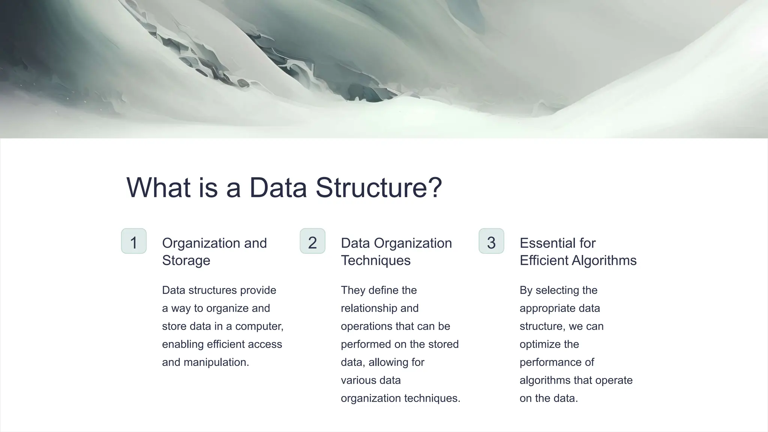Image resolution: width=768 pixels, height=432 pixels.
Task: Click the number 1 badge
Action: point(134,241)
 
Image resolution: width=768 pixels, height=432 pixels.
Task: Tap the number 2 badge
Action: point(312,241)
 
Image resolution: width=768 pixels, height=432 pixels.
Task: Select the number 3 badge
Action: point(491,241)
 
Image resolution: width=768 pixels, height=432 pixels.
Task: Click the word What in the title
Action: point(159,187)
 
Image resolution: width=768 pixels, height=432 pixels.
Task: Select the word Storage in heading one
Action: point(186,261)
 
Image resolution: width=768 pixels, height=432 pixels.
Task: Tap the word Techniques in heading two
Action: point(375,261)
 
